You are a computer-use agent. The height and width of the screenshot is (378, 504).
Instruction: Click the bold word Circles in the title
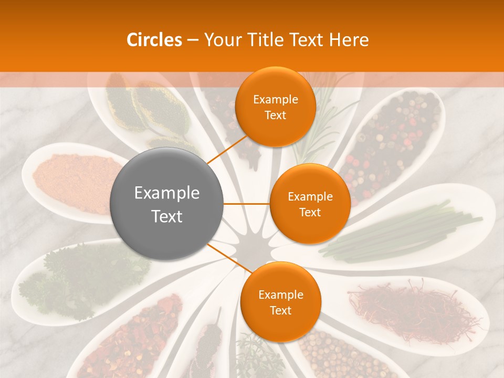pyautogui.click(x=154, y=40)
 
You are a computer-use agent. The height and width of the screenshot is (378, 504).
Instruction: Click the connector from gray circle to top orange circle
pyautogui.click(x=227, y=150)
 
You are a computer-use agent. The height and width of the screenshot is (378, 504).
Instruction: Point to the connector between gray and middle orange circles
pyautogui.click(x=247, y=204)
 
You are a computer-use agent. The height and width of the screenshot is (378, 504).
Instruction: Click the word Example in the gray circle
pyautogui.click(x=167, y=193)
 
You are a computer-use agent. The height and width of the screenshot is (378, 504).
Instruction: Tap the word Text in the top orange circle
pyautogui.click(x=275, y=115)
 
